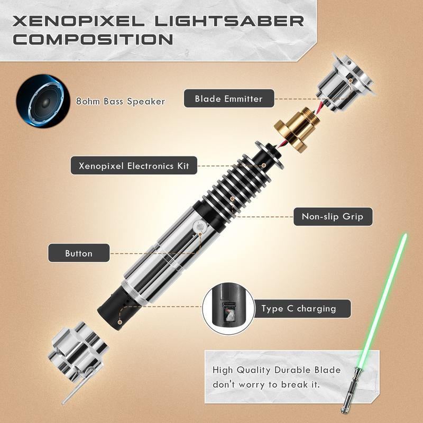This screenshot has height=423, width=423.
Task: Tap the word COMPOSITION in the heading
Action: coord(93,40)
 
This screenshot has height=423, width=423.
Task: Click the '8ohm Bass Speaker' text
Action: coord(120,101)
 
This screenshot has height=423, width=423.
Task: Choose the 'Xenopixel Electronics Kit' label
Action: coord(134,166)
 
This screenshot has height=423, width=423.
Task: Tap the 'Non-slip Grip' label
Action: coord(333,216)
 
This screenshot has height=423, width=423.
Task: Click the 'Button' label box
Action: coord(79,253)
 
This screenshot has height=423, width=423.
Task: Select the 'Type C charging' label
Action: coord(299,308)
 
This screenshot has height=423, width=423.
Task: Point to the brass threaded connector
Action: coord(293,127)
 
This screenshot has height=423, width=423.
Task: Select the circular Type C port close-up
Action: coord(227,309)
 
